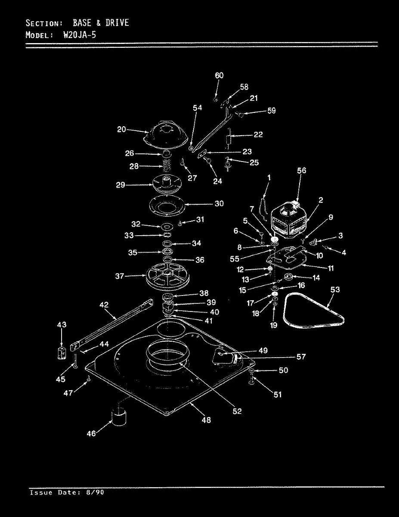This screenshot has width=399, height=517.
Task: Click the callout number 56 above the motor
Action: click(301, 171)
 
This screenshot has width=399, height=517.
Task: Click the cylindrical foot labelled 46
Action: click(118, 417)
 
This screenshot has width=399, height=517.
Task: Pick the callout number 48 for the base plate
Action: click(206, 420)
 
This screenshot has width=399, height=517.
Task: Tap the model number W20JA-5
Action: click(79, 35)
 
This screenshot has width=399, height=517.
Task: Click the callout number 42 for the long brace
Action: click(103, 305)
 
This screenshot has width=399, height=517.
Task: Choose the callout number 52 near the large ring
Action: click(237, 411)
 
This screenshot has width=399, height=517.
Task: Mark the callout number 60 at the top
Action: click(219, 75)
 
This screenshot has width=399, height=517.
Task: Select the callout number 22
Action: click(258, 134)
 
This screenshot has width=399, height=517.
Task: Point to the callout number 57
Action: click(301, 357)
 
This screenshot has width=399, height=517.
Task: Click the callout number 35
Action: click(133, 253)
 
